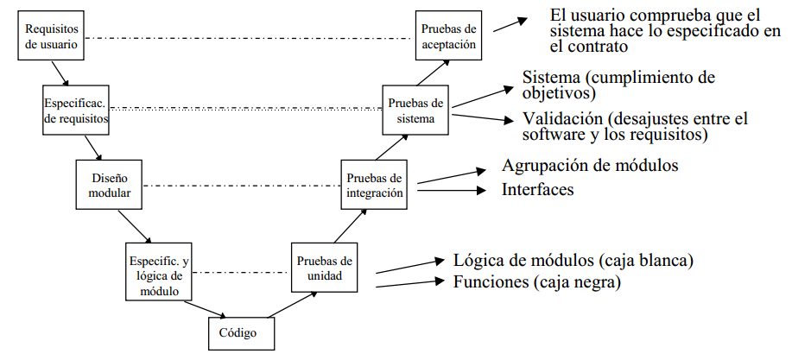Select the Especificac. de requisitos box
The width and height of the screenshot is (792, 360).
(x=76, y=110)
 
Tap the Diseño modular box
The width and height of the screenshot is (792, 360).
(x=110, y=186)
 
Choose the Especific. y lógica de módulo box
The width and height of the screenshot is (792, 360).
(x=156, y=273)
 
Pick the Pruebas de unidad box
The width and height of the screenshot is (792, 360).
(x=324, y=268)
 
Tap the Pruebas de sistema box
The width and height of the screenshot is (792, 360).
(x=417, y=110)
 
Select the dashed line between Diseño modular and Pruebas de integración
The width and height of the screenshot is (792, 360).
(x=241, y=186)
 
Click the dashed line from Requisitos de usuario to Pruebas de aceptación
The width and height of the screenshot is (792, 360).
(x=250, y=39)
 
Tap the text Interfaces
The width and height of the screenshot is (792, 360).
(x=537, y=190)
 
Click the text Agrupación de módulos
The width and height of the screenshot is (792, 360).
(x=589, y=165)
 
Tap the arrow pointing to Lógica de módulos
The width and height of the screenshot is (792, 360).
(x=410, y=266)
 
